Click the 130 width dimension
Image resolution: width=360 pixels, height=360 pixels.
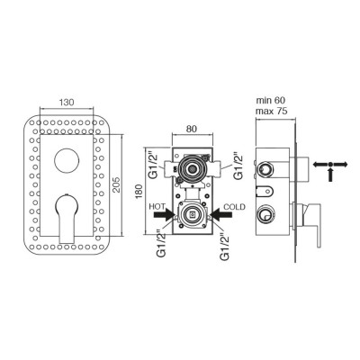pyautogui.click(x=67, y=103)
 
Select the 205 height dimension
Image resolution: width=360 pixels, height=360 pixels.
pyautogui.click(x=117, y=184)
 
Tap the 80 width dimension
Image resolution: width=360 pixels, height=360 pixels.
pyautogui.click(x=192, y=129)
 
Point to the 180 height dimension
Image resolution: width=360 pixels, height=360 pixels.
pyautogui.click(x=139, y=191)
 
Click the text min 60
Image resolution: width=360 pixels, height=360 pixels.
pyautogui.click(x=271, y=100)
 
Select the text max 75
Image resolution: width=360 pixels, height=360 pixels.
pyautogui.click(x=272, y=111)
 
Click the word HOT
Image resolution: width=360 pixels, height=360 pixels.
pyautogui.click(x=157, y=207)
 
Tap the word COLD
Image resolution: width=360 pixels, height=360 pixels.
pyautogui.click(x=234, y=207)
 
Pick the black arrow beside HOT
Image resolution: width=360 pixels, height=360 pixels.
pyautogui.click(x=165, y=215)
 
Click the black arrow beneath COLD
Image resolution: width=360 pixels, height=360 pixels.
pyautogui.click(x=220, y=215)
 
